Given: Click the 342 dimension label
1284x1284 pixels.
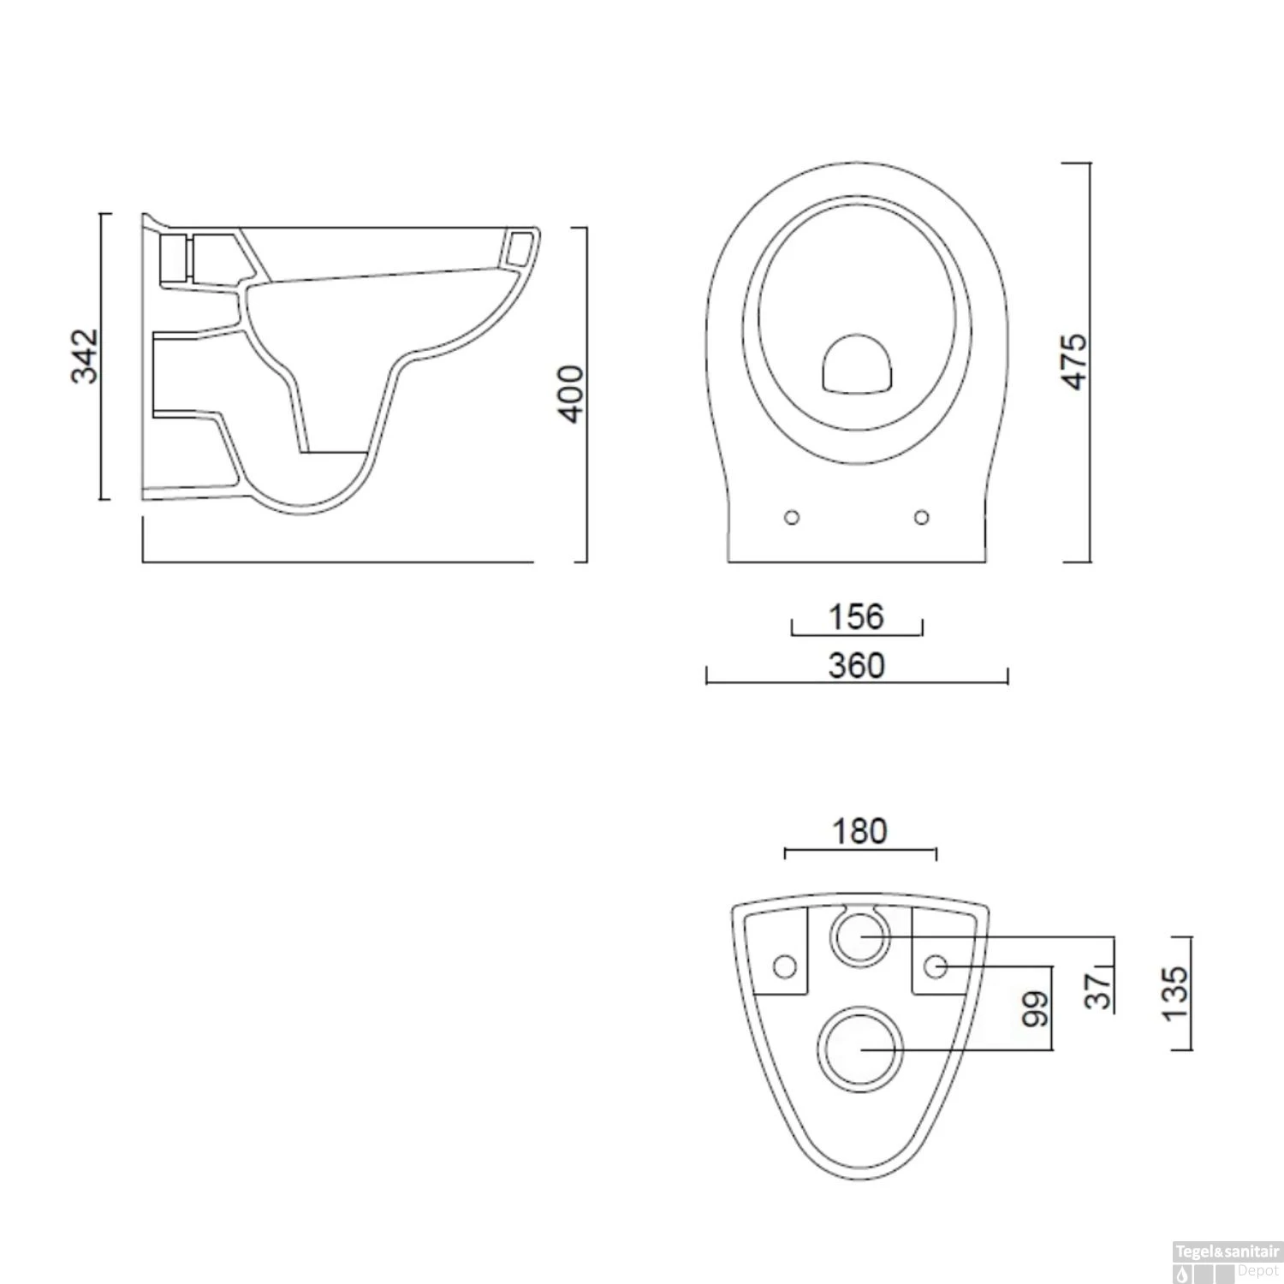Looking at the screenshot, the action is (x=85, y=356).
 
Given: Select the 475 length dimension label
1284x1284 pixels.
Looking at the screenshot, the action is (x=1074, y=361).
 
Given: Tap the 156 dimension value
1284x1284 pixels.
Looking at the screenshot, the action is (x=856, y=616).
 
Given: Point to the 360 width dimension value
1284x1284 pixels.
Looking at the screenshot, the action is (x=856, y=665).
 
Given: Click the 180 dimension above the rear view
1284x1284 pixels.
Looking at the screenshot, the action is (x=859, y=830).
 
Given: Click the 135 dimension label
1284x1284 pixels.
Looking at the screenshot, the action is (x=1175, y=993).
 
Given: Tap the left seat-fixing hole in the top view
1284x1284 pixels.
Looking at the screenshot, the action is (x=792, y=517).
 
